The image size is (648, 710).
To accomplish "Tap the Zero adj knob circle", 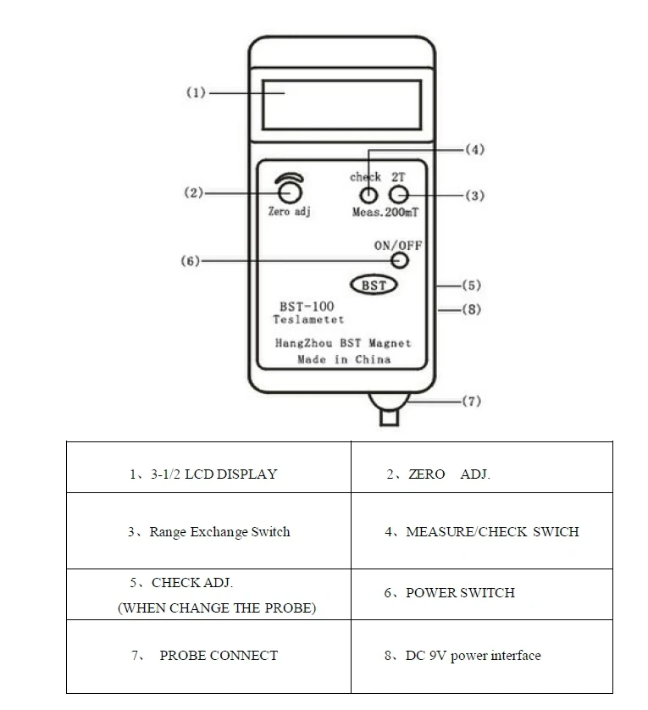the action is coord(290,193).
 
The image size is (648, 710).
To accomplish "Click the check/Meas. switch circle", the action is coord(368,196).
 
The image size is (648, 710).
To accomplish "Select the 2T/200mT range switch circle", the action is coord(398,195).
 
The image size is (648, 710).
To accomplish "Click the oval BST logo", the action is coord(374,285).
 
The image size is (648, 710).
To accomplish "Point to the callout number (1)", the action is coord(196,93).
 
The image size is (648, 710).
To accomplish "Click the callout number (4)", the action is coord(475,149).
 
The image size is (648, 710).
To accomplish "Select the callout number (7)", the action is coord(472,401).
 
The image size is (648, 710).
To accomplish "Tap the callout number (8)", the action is coord(472,309).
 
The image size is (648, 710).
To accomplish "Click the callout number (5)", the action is coord(472,286).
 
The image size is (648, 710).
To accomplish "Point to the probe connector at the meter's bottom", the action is coord(389,409).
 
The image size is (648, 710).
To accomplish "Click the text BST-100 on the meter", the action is coord(307,307).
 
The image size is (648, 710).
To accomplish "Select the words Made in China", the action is coord(344,359).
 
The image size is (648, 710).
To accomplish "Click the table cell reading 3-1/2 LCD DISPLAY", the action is coord(208,468).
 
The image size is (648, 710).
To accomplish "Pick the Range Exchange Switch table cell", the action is coord(208,530).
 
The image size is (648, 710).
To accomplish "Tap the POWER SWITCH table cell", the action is coord(482,594).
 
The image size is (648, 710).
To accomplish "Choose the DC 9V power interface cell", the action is coord(482,656).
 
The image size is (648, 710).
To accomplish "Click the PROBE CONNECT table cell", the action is coord(208,656).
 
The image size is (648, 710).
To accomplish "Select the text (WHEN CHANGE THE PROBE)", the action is coord(217,607).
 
